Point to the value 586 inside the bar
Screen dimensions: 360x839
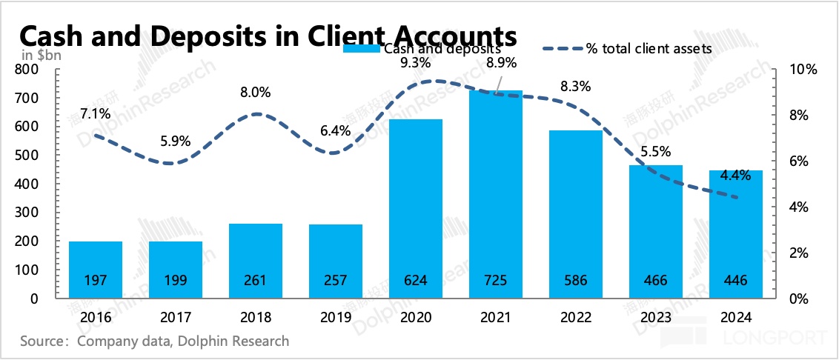[x=575, y=281]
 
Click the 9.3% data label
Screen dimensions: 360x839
[x=415, y=63]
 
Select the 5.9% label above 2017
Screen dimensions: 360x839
[x=176, y=141]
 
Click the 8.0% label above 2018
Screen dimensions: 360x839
[x=256, y=93]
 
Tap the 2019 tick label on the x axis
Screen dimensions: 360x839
[x=336, y=317]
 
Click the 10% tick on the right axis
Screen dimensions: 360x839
[x=803, y=70]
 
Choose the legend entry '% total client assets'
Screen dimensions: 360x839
[x=649, y=48]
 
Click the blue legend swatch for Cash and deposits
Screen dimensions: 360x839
[x=362, y=49]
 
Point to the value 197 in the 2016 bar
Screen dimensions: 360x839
[x=96, y=281]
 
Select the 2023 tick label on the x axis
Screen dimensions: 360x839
[x=655, y=317]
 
